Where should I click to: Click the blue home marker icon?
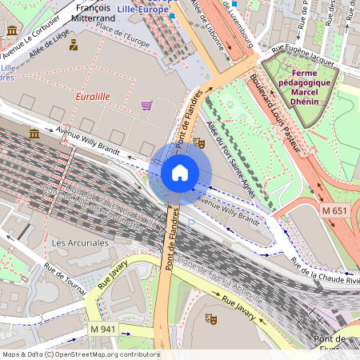[180, 172]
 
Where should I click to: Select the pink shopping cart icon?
[146, 105]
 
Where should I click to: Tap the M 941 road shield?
[102, 330]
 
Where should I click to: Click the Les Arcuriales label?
[79, 242]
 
